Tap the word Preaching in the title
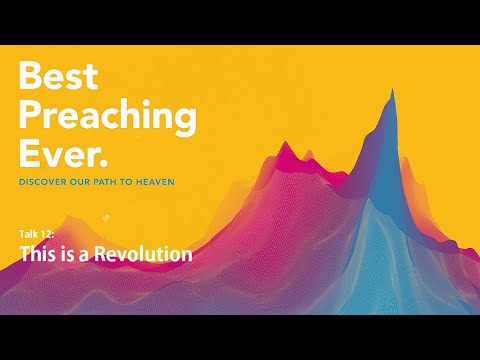(106, 117)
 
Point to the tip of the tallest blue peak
(391, 91)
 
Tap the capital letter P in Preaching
(31, 116)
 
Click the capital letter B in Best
(31, 78)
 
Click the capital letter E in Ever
(30, 155)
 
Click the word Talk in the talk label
(28, 233)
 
